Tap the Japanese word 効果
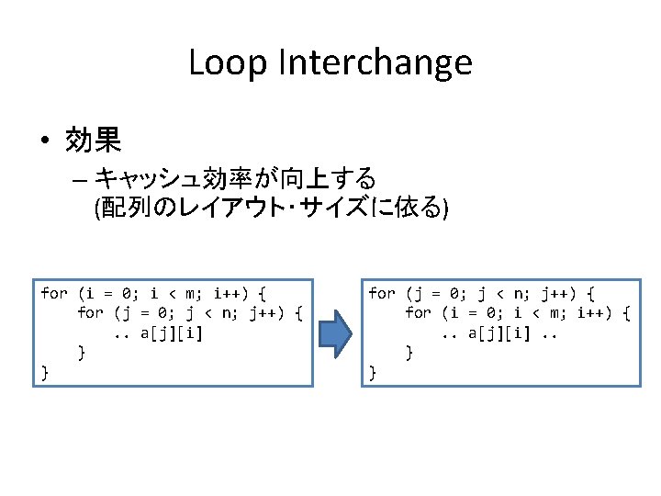pos(94,141)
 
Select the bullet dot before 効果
pos(44,141)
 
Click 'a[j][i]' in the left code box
pos(172,333)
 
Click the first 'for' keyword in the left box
pos(54,294)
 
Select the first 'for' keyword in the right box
pos(382,294)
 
